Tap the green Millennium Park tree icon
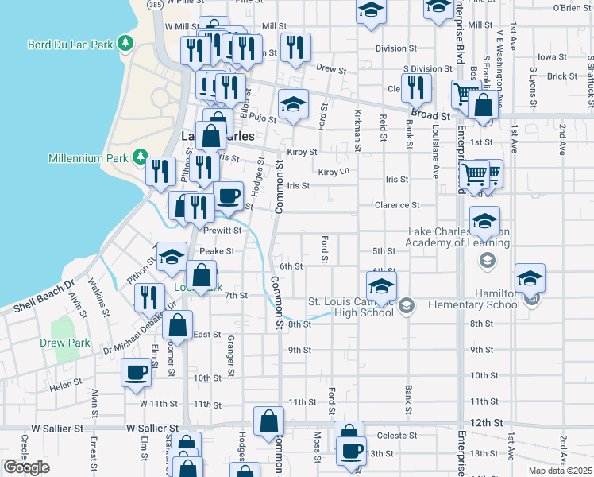[140, 157]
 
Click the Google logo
[26, 467]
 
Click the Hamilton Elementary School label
[473, 299]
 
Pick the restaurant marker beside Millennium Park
[162, 170]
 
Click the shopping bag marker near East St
[178, 325]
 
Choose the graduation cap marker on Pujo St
[293, 104]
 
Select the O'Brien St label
[569, 7]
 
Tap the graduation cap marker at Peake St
[171, 257]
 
